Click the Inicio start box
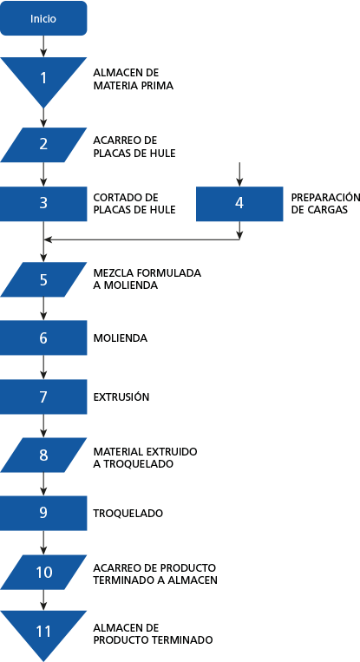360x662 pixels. (43, 18)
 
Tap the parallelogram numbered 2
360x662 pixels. (43, 145)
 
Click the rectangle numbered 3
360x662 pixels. (43, 204)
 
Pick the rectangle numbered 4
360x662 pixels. (239, 204)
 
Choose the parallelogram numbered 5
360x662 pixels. (43, 279)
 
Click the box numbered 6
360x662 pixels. (43, 338)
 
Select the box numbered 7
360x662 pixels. (43, 397)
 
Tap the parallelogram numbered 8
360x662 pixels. (43, 455)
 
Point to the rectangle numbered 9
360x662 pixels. (43, 513)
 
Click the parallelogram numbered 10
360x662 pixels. (43, 572)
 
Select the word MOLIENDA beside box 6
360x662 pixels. (121, 338)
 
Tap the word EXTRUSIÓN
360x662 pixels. (121, 397)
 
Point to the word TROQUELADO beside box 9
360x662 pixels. (128, 513)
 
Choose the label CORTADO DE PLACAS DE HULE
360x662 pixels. (134, 204)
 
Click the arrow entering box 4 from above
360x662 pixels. (239, 174)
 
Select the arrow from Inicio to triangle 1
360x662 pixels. (43, 46)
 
